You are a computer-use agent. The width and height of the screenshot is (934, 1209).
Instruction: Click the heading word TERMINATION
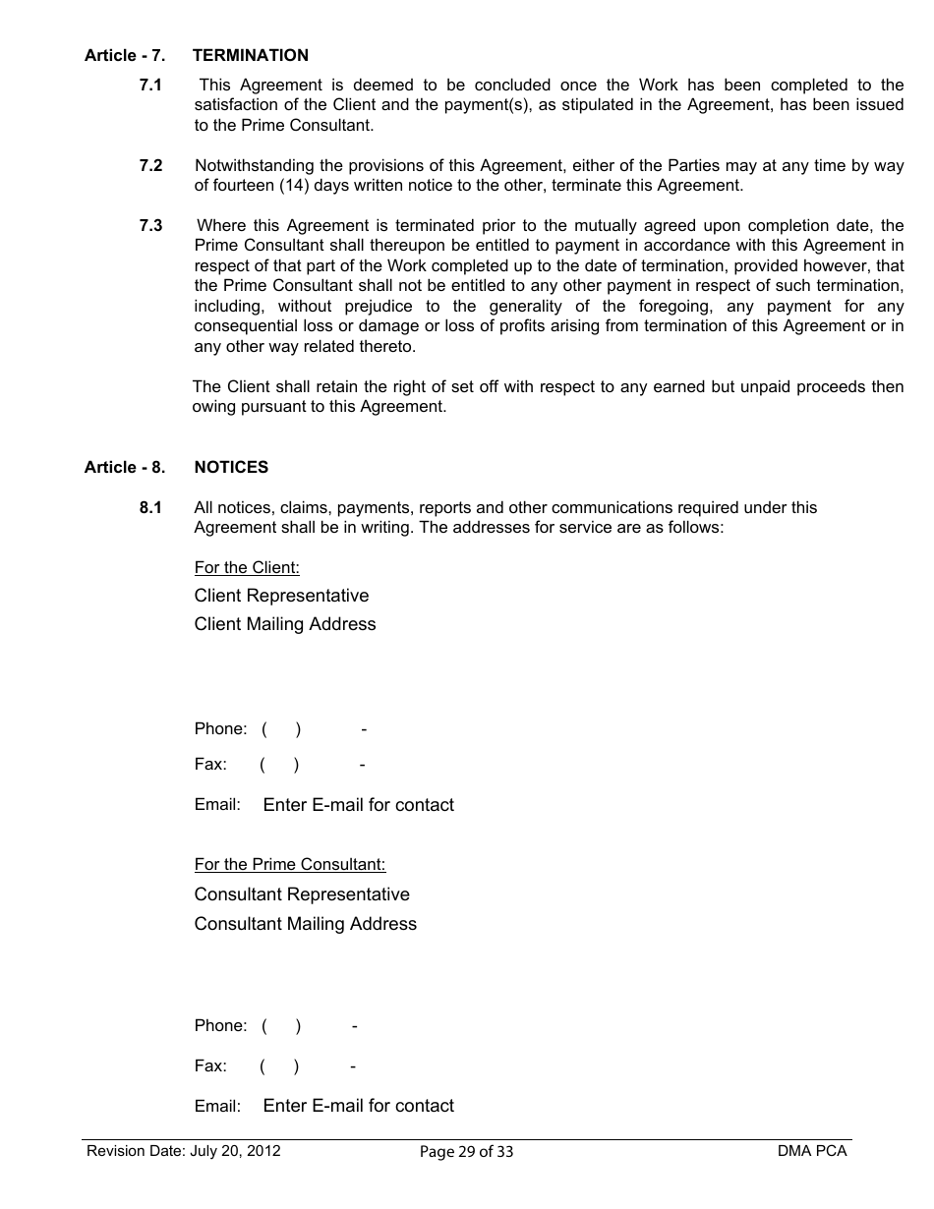point(251,56)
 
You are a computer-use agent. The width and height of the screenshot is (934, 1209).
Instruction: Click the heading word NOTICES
point(231,468)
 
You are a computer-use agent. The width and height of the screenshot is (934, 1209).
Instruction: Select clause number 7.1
point(150,86)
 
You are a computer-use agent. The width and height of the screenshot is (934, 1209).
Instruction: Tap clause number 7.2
point(150,165)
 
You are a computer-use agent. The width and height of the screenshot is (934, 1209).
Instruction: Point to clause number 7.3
point(150,226)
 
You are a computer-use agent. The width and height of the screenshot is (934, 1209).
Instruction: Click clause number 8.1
point(150,508)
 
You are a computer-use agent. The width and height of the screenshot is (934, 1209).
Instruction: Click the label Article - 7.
point(124,56)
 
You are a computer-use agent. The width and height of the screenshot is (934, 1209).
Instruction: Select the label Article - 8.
point(124,468)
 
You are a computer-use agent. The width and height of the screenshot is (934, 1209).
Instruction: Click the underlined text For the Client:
point(247,568)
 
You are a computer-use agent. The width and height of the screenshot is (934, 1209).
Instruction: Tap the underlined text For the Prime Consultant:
point(290,865)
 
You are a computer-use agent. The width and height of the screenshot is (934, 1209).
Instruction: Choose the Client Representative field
point(281,596)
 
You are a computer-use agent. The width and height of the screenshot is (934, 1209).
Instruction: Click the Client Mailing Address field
point(285,624)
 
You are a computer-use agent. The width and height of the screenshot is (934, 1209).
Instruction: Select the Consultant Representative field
point(302,894)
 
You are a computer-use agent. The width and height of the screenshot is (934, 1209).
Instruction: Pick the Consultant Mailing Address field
point(306,924)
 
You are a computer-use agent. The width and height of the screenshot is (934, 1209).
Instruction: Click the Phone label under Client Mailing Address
point(220,729)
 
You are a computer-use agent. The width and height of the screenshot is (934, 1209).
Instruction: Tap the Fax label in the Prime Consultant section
point(210,1066)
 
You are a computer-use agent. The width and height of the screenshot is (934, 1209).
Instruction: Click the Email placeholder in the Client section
point(358,805)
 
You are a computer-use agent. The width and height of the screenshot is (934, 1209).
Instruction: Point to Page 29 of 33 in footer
point(466,1152)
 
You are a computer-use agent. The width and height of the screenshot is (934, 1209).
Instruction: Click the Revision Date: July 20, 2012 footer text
point(184,1151)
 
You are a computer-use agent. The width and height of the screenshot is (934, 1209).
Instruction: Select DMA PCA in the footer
point(811,1151)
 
